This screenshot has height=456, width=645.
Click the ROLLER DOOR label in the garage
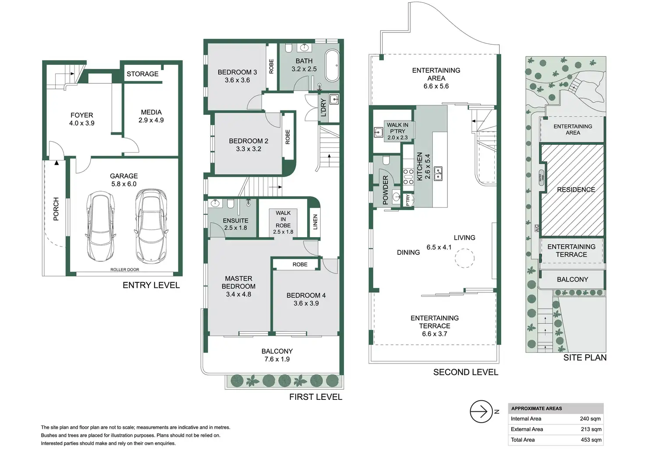124,270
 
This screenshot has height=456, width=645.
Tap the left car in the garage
101,226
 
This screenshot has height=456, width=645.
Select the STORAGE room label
142,74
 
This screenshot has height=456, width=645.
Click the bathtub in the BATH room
332,65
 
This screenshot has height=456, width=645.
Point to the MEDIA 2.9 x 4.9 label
151,116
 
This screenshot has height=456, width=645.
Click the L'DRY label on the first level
323,107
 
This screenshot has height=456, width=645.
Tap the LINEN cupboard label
315,222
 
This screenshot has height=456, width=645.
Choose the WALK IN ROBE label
283,219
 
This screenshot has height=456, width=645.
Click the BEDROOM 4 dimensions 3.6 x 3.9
306,303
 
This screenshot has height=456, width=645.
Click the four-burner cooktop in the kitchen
408,176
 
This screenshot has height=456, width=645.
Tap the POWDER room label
386,190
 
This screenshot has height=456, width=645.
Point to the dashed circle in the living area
464,258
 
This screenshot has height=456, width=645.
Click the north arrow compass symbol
481,412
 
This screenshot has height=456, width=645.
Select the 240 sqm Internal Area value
590,419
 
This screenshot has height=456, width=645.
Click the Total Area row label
523,440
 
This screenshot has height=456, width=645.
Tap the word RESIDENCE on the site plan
576,190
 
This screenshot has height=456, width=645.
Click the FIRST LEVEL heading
315,397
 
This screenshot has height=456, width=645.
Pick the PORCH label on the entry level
56,209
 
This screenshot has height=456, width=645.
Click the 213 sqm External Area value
591,429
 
